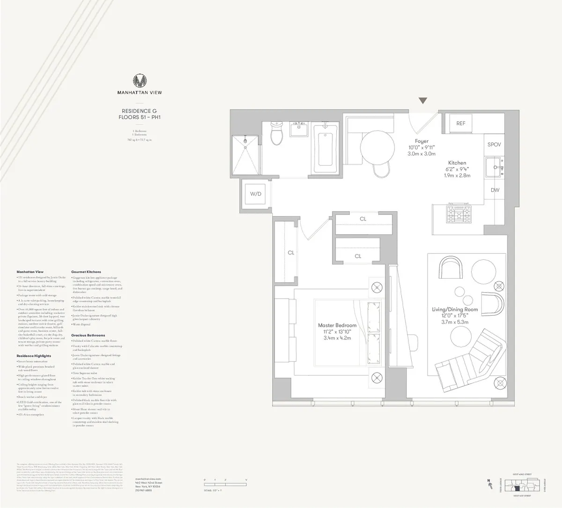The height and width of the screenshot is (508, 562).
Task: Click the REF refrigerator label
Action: tap(461, 123)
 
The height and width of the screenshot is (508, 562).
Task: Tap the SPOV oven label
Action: tap(494, 145)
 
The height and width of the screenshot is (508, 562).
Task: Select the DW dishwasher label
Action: tap(495, 190)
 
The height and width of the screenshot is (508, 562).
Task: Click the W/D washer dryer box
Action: tap(255, 193)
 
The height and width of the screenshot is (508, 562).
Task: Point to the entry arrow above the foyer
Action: tap(423, 101)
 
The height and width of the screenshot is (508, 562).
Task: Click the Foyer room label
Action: tap(421, 141)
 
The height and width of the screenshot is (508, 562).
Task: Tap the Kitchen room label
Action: tap(457, 163)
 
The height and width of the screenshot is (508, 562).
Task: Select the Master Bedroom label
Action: tap(337, 325)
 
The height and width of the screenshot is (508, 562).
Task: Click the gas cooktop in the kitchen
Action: tap(459, 215)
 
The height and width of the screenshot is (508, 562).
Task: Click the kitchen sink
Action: tap(495, 166)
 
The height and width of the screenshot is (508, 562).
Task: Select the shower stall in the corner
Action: tap(245, 155)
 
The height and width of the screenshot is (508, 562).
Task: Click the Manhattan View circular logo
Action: tap(140, 81)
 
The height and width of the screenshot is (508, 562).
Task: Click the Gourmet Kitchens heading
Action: tap(86, 272)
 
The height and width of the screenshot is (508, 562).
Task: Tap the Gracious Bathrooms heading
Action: tap(88, 336)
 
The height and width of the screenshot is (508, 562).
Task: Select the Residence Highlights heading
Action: tap(34, 356)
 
